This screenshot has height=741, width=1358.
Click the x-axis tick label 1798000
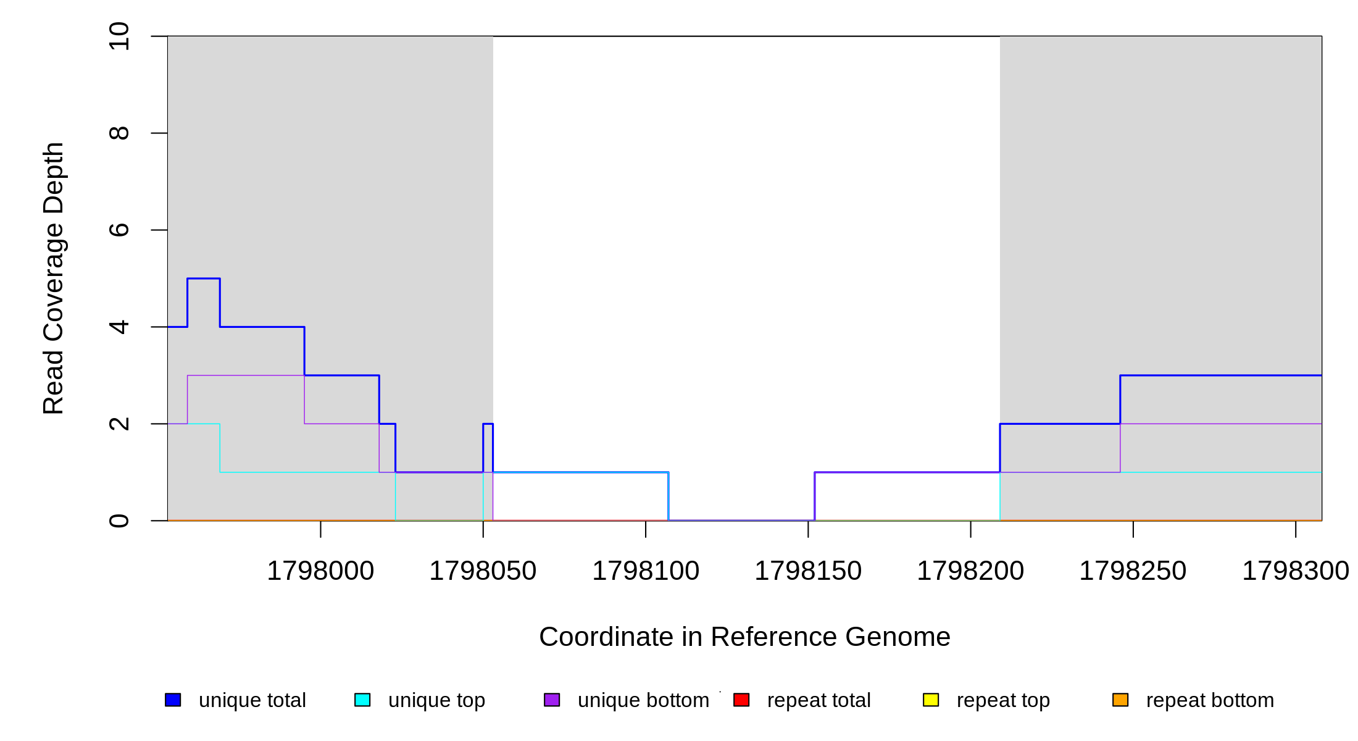coord(320,571)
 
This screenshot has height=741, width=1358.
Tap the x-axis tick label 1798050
coord(483,571)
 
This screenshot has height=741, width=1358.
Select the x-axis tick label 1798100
coord(646,571)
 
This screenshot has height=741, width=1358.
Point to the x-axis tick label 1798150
coord(808,571)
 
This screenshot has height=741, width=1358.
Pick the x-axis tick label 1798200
coord(970,571)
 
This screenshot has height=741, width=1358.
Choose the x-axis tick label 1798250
coord(1133,571)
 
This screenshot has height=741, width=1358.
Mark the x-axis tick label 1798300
coord(1295,571)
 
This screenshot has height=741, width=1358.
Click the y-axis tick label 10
coord(119,36)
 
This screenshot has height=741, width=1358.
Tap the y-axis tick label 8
coord(119,133)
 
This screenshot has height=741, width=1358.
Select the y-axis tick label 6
coord(119,230)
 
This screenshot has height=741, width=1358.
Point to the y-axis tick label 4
coord(119,327)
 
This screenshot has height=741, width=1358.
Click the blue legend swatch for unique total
coord(173,700)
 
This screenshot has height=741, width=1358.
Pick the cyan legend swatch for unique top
coord(362,700)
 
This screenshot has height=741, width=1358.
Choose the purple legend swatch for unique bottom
coord(552,700)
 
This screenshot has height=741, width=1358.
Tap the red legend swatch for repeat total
coord(741,700)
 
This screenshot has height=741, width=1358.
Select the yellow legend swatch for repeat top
coord(931,700)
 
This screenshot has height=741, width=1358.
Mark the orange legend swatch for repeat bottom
coord(1120,700)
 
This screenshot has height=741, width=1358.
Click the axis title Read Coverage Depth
coord(54,278)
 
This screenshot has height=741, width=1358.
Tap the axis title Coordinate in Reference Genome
coord(744,637)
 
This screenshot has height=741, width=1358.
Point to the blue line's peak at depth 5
coord(204,278)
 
